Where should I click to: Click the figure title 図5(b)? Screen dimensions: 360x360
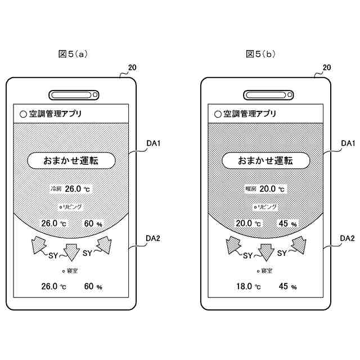click(260, 54)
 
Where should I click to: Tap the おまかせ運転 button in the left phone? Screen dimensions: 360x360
click(71, 161)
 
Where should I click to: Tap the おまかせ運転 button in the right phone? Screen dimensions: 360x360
click(265, 161)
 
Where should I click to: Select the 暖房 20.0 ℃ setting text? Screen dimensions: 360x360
click(265, 189)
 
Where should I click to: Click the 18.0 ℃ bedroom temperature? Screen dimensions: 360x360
click(248, 286)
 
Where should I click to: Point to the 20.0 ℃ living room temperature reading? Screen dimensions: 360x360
click(248, 223)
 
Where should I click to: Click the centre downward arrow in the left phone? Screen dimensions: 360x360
click(71, 251)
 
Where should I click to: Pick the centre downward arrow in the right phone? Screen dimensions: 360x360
click(266, 251)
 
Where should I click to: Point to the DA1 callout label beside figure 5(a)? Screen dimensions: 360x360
click(154, 144)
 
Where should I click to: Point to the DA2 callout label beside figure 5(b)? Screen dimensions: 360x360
click(348, 238)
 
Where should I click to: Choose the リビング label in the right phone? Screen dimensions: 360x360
click(267, 207)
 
